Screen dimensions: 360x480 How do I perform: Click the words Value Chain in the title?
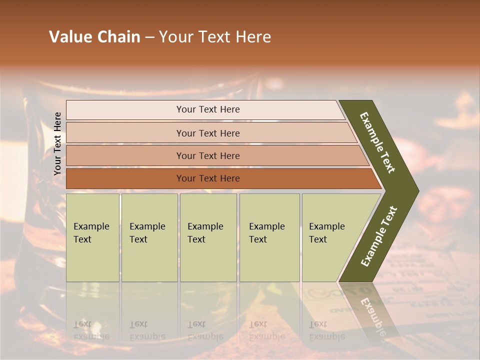[94, 37]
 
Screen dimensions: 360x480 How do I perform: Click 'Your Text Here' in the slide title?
[215, 37]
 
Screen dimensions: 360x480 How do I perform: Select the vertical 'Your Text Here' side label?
[57, 143]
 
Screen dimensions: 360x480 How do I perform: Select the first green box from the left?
[92, 237]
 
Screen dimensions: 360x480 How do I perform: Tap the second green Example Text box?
[149, 237]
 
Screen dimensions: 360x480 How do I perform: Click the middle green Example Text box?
[208, 237]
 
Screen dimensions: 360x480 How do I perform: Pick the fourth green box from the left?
[269, 237]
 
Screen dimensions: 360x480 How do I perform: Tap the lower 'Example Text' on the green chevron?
[379, 236]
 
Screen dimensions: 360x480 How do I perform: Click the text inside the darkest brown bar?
[208, 178]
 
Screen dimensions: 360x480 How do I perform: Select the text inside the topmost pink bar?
[208, 109]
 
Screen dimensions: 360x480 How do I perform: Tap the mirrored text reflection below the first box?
[91, 330]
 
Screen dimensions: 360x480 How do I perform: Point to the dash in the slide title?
[149, 37]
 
